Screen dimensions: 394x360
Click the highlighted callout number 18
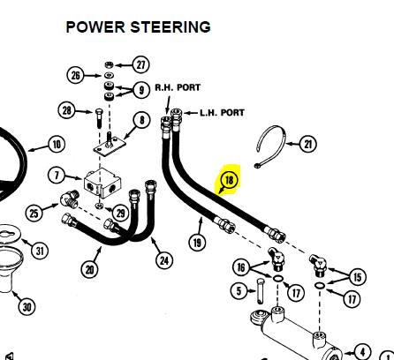[229, 180]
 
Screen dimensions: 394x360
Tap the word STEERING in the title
[170, 27]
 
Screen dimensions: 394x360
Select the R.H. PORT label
[178, 87]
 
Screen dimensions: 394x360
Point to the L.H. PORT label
[222, 113]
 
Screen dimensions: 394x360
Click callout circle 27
[140, 64]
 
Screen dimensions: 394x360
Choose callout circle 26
[75, 75]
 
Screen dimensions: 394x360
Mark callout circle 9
[141, 90]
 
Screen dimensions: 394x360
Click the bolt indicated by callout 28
[99, 118]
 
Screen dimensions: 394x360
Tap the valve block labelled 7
[102, 183]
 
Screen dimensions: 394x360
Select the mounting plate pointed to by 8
[110, 147]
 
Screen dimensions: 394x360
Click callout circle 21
[307, 144]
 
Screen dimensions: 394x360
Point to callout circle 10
[57, 144]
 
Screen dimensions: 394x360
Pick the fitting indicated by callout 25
[70, 199]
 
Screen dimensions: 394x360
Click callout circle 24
[164, 260]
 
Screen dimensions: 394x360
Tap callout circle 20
[89, 269]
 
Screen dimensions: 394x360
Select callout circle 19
[197, 243]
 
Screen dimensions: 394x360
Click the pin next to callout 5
[261, 291]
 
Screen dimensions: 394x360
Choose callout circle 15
[358, 277]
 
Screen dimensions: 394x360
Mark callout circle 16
[241, 267]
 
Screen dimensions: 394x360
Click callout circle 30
[27, 307]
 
